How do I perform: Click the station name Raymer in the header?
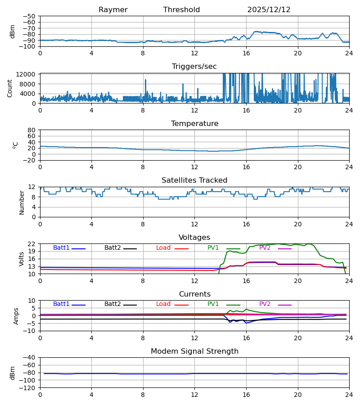click(x=113, y=10)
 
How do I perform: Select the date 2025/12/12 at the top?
click(x=269, y=10)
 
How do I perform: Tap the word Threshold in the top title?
click(x=181, y=10)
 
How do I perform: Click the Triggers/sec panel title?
click(x=194, y=67)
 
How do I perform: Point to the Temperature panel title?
click(x=194, y=124)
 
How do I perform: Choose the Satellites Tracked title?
click(x=194, y=180)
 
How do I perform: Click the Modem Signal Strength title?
click(x=194, y=351)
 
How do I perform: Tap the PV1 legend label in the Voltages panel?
click(x=213, y=248)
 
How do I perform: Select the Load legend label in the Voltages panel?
click(x=163, y=248)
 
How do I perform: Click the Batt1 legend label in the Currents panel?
click(x=61, y=304)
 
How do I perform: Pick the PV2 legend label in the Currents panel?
click(x=265, y=304)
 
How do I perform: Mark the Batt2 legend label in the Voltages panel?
click(x=112, y=248)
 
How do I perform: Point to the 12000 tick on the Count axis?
click(x=29, y=74)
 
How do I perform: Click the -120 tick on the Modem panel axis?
click(x=29, y=388)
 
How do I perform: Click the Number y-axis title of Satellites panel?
click(x=22, y=202)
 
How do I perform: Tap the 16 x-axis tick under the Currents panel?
click(x=246, y=337)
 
